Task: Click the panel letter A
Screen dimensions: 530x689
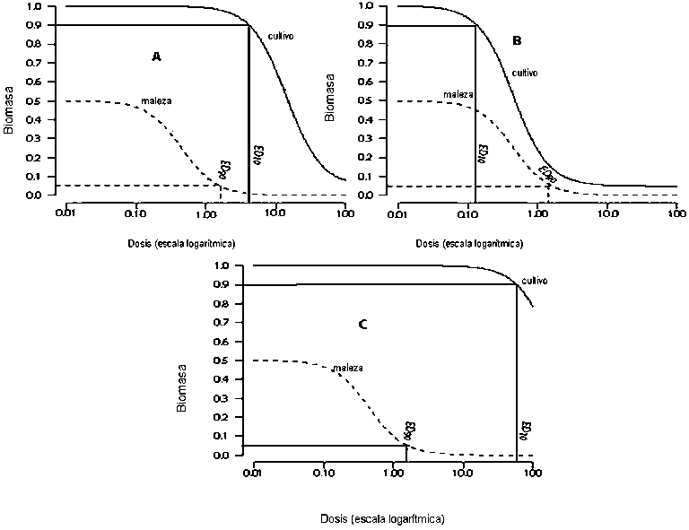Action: click(x=156, y=56)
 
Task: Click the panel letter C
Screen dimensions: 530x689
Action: click(x=362, y=325)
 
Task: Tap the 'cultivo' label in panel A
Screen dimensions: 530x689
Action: click(x=281, y=36)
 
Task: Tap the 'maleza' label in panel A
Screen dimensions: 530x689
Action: click(x=156, y=100)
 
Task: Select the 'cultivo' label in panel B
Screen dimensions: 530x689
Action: click(x=525, y=73)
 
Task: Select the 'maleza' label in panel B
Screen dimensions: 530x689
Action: click(x=459, y=93)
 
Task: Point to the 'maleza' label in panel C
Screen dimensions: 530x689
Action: click(x=346, y=368)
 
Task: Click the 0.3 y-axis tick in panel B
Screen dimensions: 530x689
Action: click(x=366, y=138)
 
